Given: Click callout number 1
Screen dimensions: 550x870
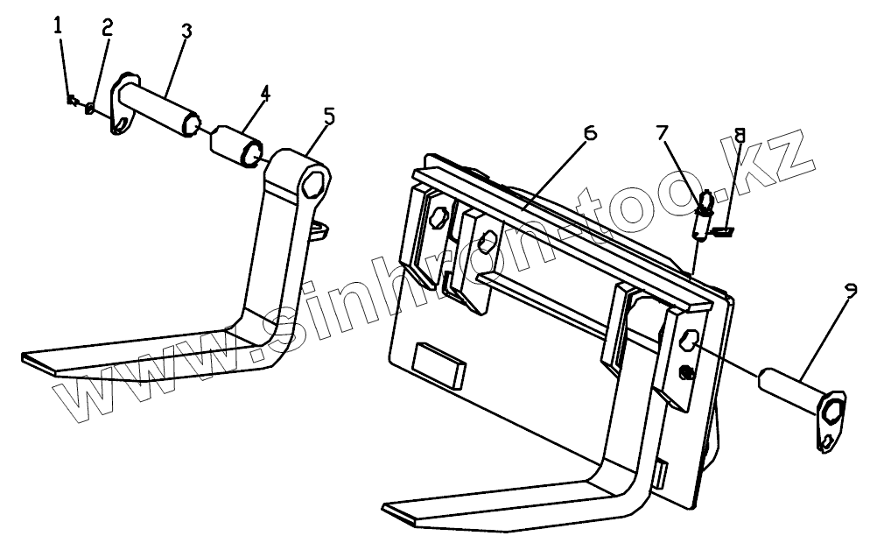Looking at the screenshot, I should (59, 25).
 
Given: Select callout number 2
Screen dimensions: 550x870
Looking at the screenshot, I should (107, 28).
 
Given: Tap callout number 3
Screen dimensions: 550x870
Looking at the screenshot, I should (186, 31).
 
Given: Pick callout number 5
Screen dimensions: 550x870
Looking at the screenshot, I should (327, 116).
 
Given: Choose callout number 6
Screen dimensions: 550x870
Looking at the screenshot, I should (589, 133).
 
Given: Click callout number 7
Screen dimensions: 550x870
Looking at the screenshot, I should (663, 133).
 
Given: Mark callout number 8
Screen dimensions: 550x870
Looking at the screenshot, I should (740, 137).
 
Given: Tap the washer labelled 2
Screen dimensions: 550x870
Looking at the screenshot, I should (89, 109).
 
